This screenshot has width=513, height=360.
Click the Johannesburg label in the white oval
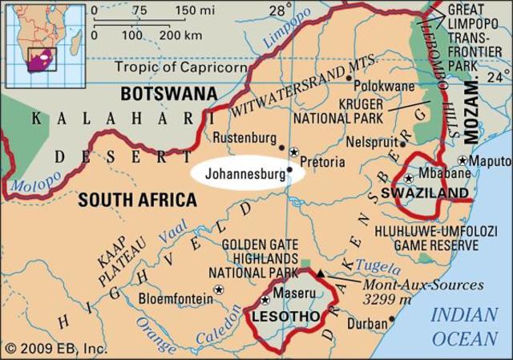[245, 172]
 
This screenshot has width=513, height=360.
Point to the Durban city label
[366, 323]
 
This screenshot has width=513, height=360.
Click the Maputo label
[491, 161]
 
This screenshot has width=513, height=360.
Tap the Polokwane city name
[392, 84]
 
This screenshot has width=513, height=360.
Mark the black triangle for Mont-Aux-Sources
[321, 273]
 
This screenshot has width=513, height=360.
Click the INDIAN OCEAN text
[464, 326]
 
